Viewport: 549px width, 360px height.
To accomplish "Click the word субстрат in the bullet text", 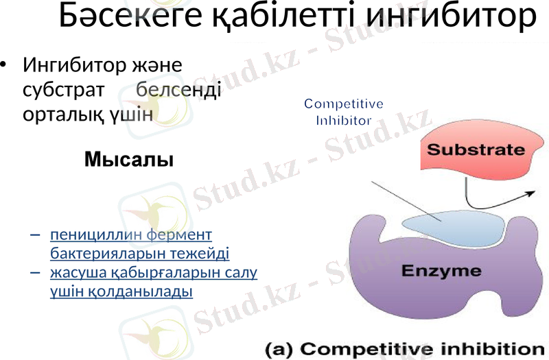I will pos(63,89).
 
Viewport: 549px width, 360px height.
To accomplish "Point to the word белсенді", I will pos(178,89).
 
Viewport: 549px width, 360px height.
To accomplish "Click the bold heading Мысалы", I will pos(128,160).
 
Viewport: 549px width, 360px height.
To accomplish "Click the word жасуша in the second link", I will pos(75,273).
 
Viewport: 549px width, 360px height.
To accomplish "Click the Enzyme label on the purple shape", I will pos(441,271).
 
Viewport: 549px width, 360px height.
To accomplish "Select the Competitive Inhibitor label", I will pos(343,112).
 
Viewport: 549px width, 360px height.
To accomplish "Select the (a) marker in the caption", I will pos(279,348).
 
